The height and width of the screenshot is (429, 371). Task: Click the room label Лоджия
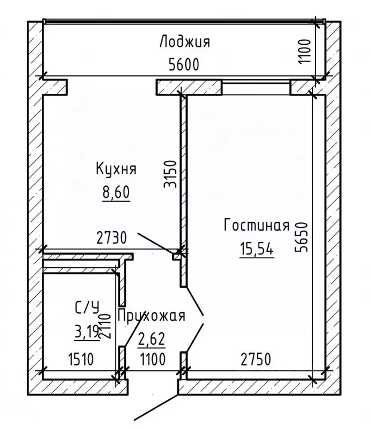[x=184, y=42]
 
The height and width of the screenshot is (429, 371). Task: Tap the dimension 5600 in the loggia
[x=184, y=64]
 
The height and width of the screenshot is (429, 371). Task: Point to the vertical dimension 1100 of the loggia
[x=305, y=52]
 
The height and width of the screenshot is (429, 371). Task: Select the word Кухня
[x=116, y=169]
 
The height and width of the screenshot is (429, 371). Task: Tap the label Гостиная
[x=256, y=226]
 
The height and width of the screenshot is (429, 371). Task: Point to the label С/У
[x=87, y=307]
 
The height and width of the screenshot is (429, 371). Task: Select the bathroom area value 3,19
[x=86, y=334]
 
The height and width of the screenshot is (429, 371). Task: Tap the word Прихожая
[x=151, y=317]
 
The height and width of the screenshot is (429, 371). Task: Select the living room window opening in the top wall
[x=256, y=88]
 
